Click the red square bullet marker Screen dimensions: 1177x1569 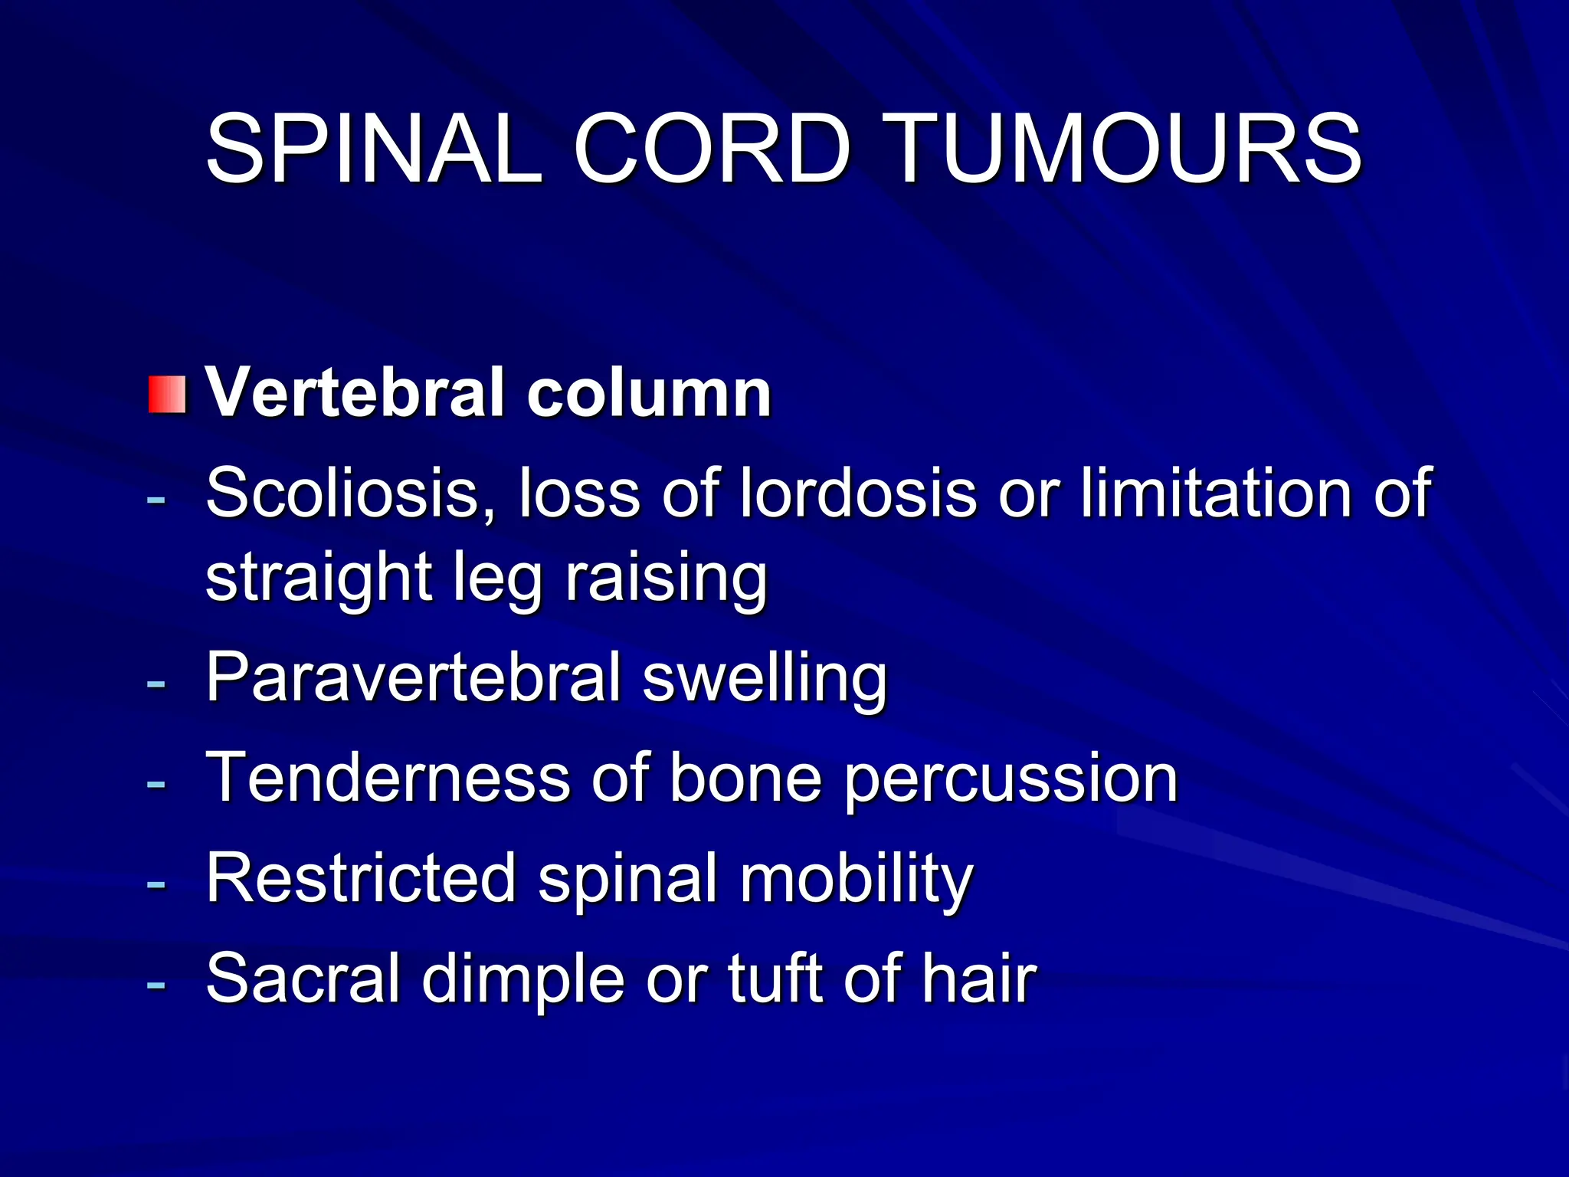point(167,395)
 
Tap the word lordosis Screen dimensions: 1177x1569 point(858,493)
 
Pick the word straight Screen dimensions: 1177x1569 point(319,579)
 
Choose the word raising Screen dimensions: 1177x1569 point(665,579)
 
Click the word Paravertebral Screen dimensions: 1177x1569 point(413,677)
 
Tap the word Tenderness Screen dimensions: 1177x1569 point(388,779)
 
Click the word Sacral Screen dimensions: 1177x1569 point(303,979)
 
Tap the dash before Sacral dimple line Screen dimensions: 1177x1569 point(156,983)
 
